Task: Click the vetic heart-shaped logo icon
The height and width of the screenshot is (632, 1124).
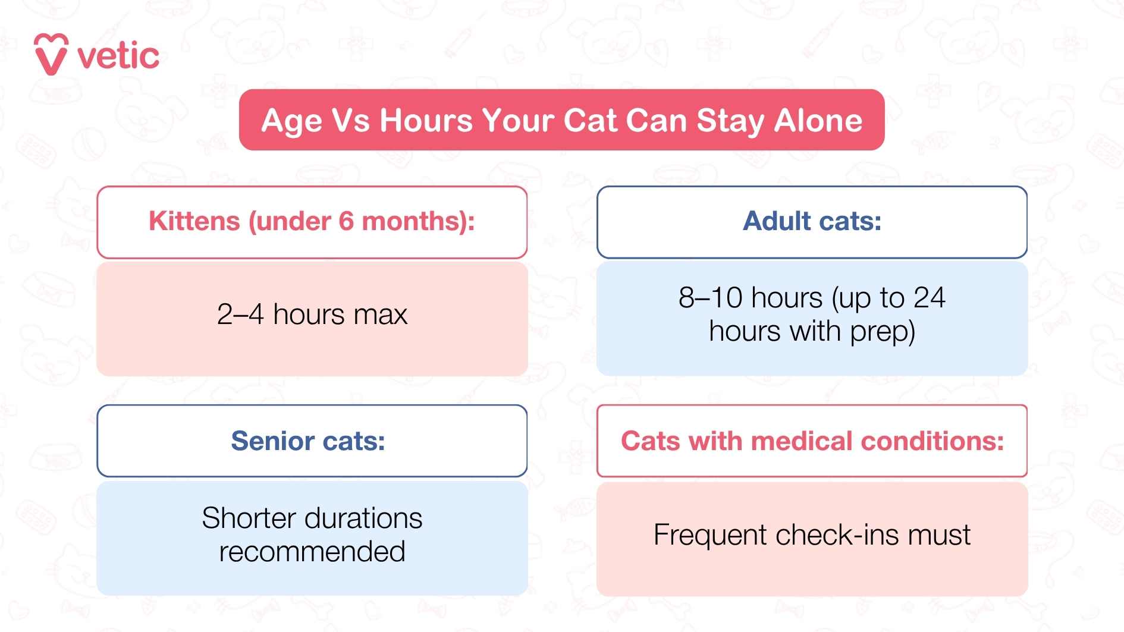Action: pos(51,55)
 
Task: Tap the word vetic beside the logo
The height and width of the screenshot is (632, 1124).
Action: pos(118,56)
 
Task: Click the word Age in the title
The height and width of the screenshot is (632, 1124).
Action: pos(291,121)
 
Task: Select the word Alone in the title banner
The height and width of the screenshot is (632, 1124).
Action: pos(818,121)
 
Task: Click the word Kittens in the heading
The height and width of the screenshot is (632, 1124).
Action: pos(194,221)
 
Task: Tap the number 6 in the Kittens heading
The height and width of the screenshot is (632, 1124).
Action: pos(346,221)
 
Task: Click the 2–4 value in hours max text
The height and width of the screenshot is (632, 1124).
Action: pos(240,315)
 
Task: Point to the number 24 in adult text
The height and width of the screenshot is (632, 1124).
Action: pos(929,298)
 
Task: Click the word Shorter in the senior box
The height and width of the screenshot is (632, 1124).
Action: pos(244,518)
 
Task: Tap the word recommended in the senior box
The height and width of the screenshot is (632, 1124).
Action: pos(312,552)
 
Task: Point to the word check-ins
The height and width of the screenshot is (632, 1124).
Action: pos(837,534)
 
